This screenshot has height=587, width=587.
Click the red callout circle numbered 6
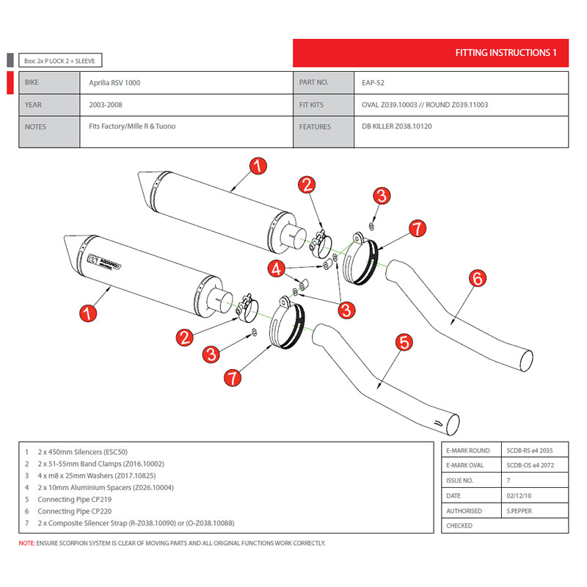tap(477, 278)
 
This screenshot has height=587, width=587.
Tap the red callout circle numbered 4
tap(276, 269)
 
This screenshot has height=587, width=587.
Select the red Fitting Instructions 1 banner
tap(431, 53)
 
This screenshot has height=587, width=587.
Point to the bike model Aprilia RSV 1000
tap(110, 83)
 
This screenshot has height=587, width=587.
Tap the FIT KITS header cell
tap(311, 105)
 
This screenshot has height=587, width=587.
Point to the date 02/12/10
tap(518, 496)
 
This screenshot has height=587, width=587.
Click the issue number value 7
tap(508, 481)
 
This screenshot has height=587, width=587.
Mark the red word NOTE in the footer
tap(26, 544)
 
